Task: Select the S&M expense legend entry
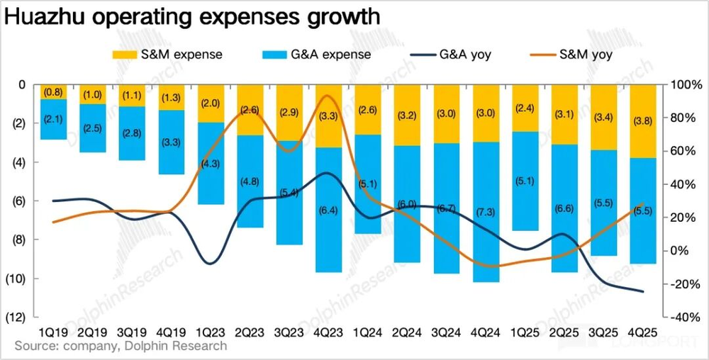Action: tap(169, 54)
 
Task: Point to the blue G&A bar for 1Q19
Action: tap(54, 119)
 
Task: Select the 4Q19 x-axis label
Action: tap(172, 332)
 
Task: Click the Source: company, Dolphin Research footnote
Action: tap(121, 346)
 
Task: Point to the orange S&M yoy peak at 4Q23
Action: tap(327, 96)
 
